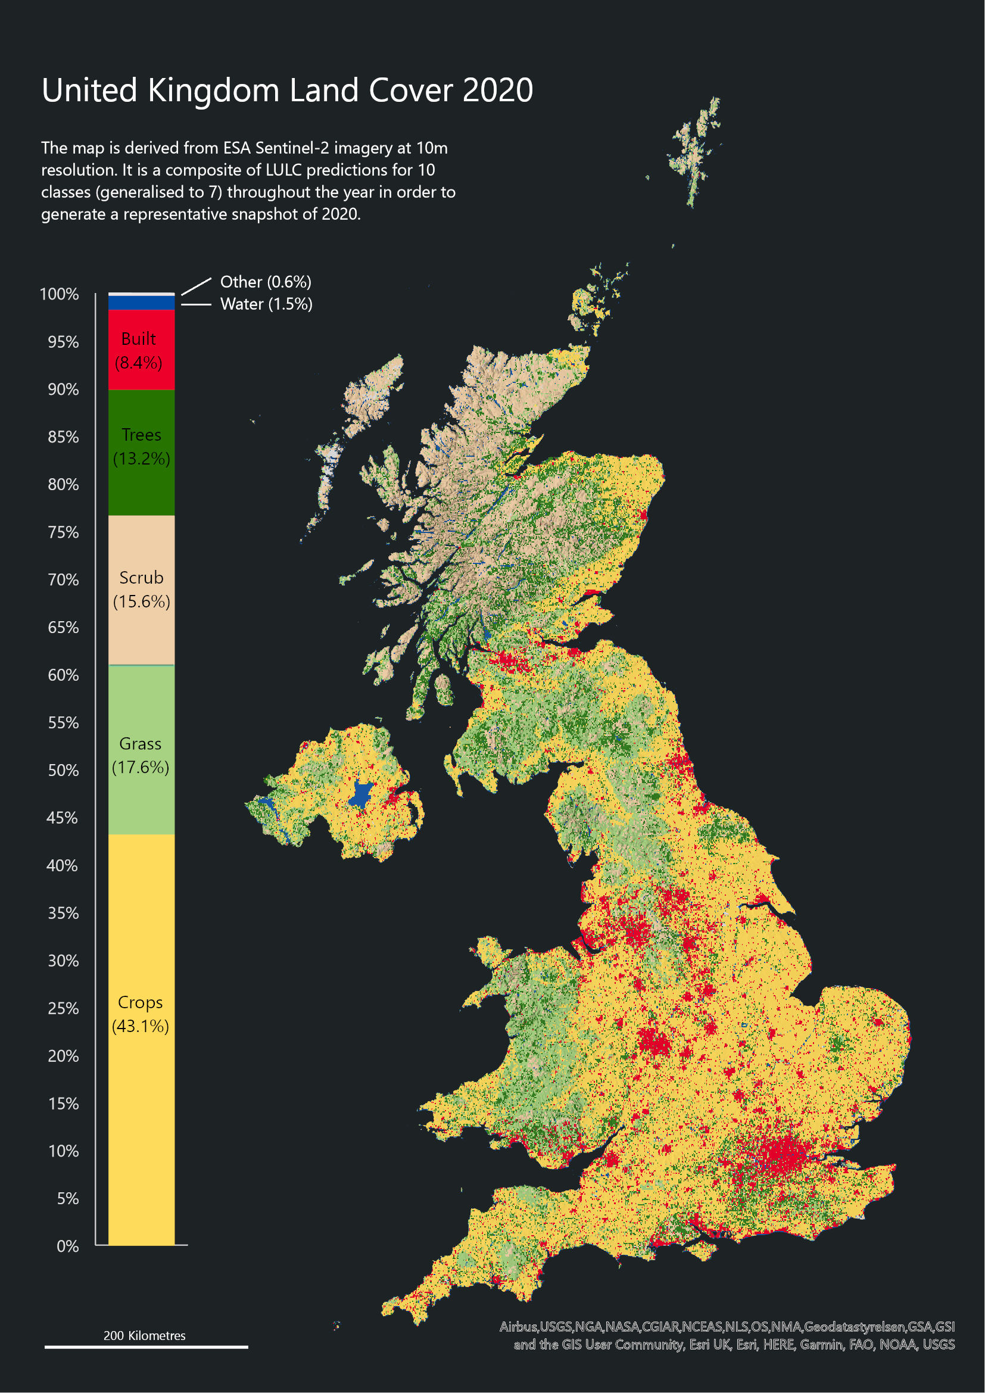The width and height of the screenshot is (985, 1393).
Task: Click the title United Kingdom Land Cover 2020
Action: (287, 91)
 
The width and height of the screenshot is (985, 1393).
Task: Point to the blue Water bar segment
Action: (141, 302)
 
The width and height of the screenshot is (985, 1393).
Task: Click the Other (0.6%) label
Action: (266, 282)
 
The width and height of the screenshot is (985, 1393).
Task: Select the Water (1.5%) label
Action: (266, 304)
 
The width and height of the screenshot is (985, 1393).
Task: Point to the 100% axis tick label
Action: (60, 294)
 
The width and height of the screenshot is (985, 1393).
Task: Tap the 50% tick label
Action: (63, 771)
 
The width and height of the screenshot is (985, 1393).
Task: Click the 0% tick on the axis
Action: (67, 1246)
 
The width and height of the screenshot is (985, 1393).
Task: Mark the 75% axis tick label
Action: (63, 532)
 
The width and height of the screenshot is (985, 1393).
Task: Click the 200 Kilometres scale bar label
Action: (144, 1335)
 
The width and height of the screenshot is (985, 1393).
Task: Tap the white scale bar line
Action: (146, 1347)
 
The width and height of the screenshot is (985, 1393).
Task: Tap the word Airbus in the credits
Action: (519, 1327)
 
